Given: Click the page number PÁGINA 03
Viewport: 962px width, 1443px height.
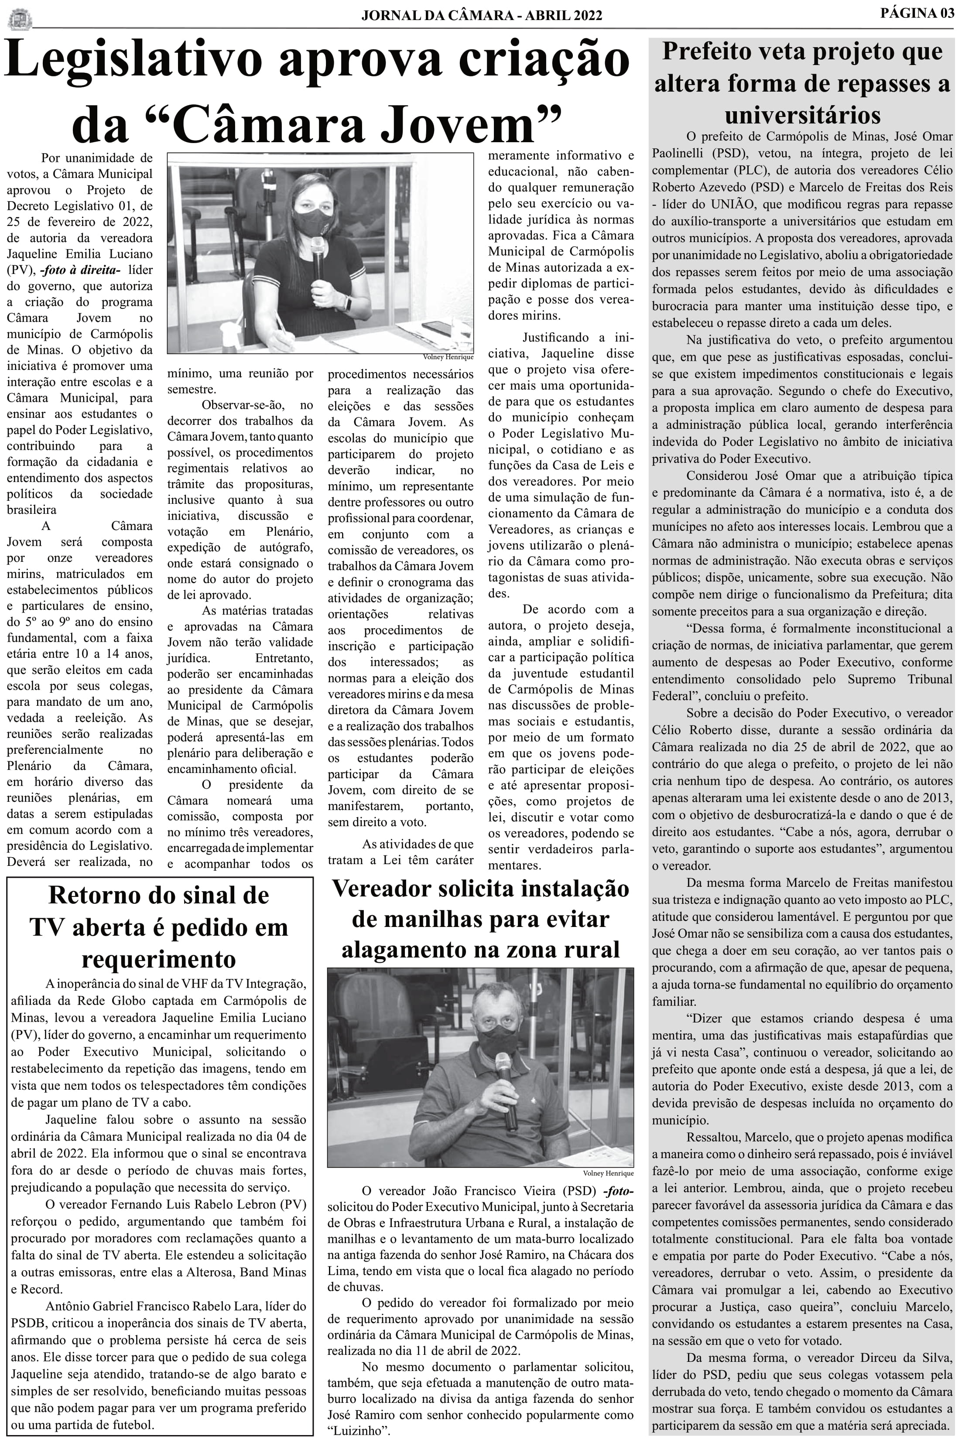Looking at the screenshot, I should [917, 13].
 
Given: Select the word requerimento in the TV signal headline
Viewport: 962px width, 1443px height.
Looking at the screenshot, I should [158, 958].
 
